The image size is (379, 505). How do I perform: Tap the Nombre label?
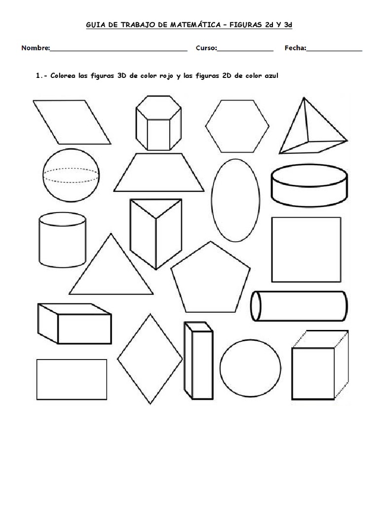tap(35, 48)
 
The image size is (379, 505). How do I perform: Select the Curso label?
tap(206, 48)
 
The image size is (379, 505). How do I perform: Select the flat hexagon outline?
tap(238, 126)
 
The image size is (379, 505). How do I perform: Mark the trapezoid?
tap(158, 173)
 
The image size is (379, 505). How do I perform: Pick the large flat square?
tap(306, 250)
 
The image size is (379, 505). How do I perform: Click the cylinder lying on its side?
tap(299, 306)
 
